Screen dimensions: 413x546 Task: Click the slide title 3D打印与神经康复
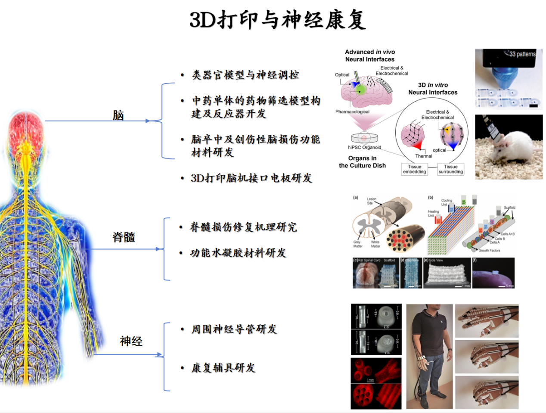(278, 20)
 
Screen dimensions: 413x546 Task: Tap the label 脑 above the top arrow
(118, 115)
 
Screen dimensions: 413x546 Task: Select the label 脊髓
(124, 237)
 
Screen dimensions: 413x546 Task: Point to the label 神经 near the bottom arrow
(131, 341)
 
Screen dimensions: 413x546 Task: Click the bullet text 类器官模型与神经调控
(245, 75)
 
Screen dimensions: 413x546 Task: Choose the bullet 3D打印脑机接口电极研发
(251, 178)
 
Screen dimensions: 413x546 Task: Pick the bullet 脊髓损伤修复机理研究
(243, 227)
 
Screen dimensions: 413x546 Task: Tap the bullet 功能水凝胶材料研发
(238, 253)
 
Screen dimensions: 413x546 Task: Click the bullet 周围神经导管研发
(234, 329)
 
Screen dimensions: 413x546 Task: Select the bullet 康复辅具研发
(223, 368)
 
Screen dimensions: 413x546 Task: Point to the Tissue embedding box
(414, 169)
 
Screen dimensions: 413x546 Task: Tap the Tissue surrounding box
(450, 169)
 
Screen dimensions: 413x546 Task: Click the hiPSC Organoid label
(364, 147)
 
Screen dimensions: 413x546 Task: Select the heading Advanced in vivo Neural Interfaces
(369, 56)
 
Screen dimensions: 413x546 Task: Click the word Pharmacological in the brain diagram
(352, 112)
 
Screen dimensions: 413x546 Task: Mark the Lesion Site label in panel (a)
(371, 201)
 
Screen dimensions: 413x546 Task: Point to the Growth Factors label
(489, 250)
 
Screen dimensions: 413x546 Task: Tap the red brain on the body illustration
(26, 131)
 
